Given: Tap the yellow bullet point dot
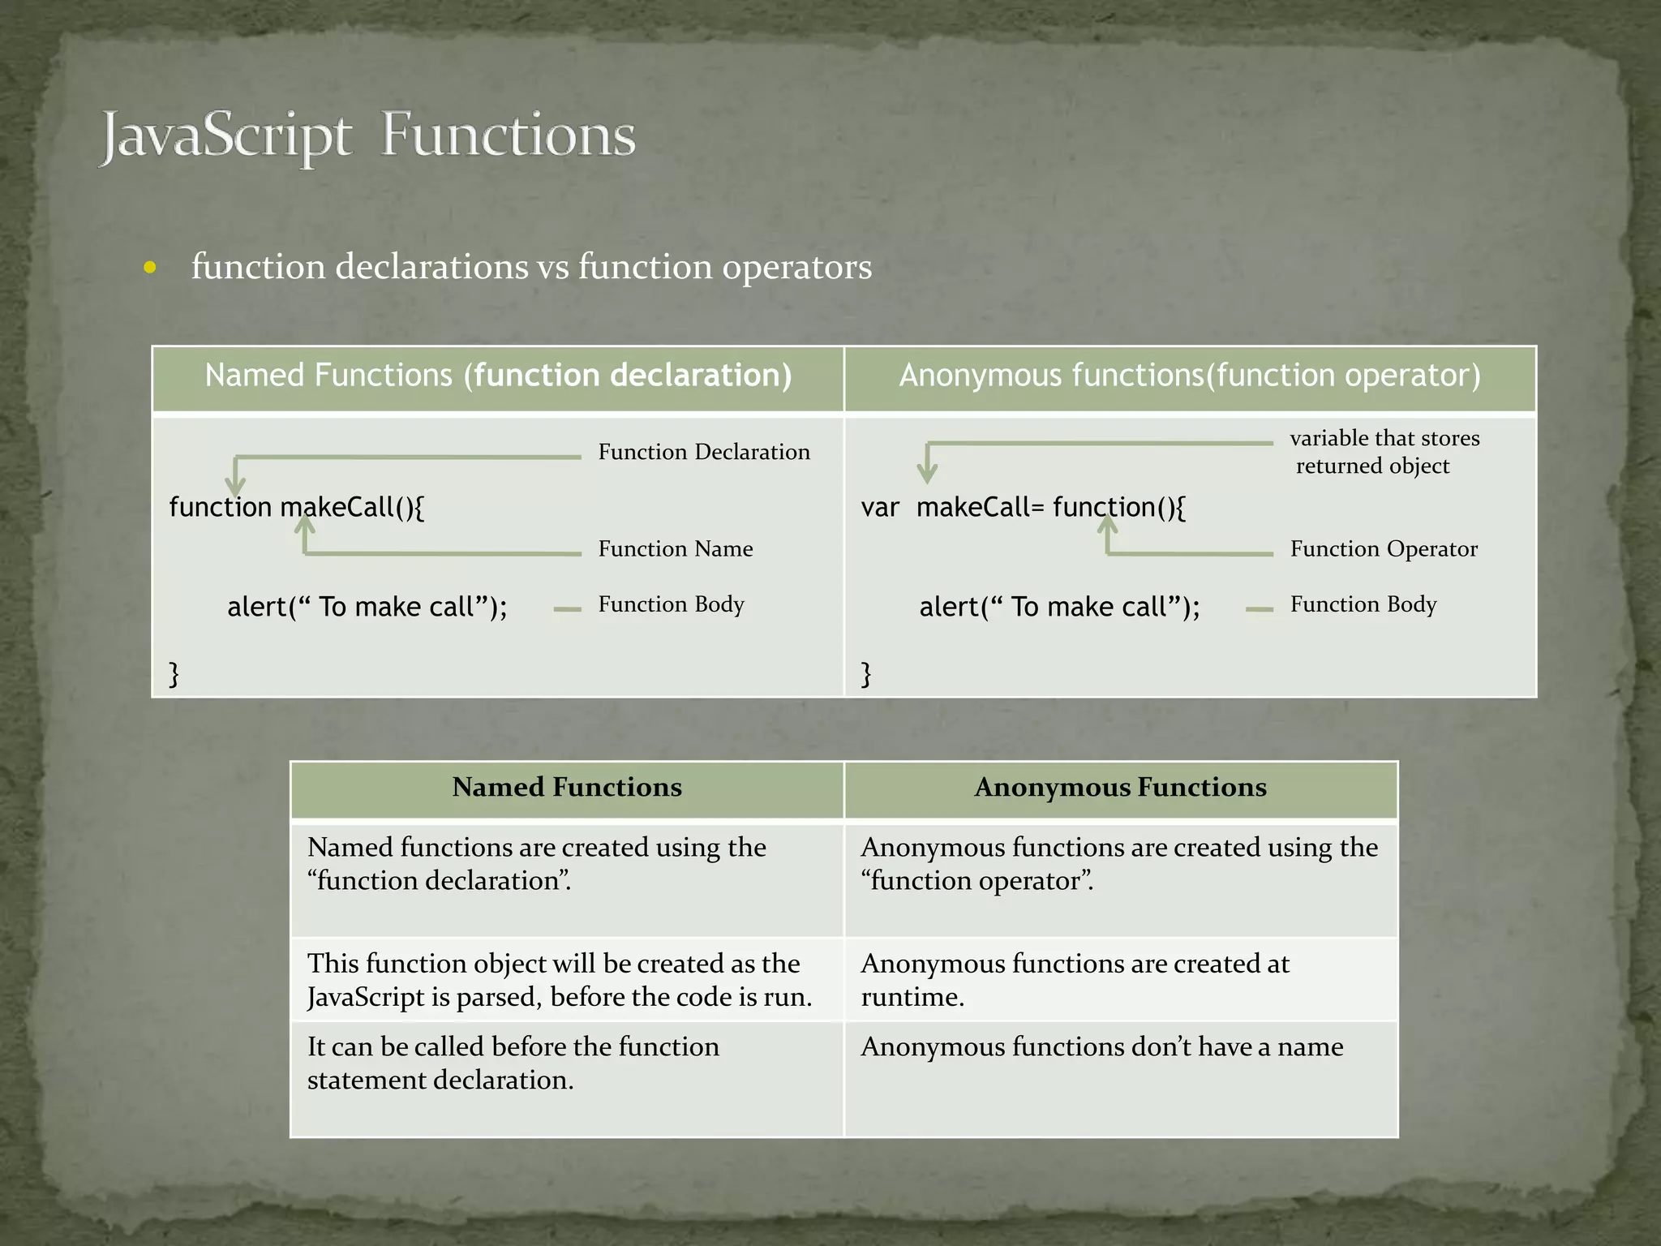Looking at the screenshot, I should pos(150,267).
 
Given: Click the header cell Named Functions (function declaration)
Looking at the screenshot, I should pos(498,376).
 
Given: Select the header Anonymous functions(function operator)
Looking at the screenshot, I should pos(1190,376).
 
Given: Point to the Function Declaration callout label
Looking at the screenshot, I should pos(704,452).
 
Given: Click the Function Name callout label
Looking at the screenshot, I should pos(676,549).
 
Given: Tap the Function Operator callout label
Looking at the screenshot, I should pos(1384,549).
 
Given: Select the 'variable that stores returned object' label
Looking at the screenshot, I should pos(1384,452).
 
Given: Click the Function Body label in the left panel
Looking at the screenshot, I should pos(671,604).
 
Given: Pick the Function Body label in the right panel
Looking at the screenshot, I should pos(1363,604).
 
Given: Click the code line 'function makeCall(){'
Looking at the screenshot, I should pos(296,508).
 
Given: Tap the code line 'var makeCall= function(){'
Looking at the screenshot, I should pos(1023,508).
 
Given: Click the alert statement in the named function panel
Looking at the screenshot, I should pos(367,607).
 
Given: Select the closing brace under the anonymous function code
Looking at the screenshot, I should pos(866,673).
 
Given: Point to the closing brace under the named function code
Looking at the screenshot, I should pos(174,673).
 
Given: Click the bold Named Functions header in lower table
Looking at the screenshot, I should pos(567,788).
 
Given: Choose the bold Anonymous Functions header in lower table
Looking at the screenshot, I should pos(1120,788).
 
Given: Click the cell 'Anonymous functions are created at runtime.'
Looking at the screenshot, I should pos(1075,980).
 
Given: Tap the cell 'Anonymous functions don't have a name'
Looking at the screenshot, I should pos(1101,1047).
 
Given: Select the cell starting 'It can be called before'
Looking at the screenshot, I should pos(513,1063).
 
